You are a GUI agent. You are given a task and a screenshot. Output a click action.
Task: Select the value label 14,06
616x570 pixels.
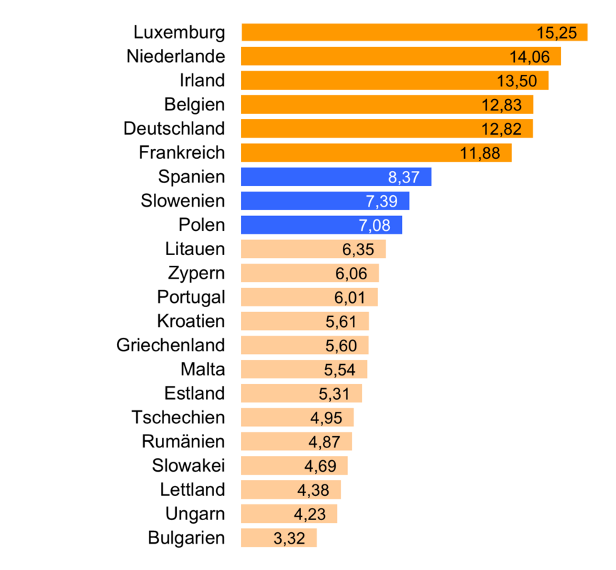pyautogui.click(x=535, y=57)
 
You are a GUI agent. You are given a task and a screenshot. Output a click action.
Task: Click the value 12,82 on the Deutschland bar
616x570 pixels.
pyautogui.click(x=507, y=129)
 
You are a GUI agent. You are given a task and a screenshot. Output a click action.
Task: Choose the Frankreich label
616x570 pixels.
pyautogui.click(x=182, y=152)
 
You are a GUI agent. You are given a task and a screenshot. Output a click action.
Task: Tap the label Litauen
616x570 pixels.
pyautogui.click(x=195, y=249)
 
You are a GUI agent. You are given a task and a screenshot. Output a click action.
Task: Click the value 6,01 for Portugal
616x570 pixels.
pyautogui.click(x=351, y=298)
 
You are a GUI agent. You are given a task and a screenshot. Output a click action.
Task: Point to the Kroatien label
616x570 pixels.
pyautogui.click(x=192, y=321)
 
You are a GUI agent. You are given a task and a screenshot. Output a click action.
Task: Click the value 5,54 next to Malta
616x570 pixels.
pyautogui.click(x=339, y=370)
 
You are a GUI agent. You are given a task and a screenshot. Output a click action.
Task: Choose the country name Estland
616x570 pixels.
pyautogui.click(x=195, y=393)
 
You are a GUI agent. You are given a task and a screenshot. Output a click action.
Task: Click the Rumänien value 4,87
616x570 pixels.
pyautogui.click(x=324, y=442)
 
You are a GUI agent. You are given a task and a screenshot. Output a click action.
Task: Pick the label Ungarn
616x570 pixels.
pyautogui.click(x=195, y=514)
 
